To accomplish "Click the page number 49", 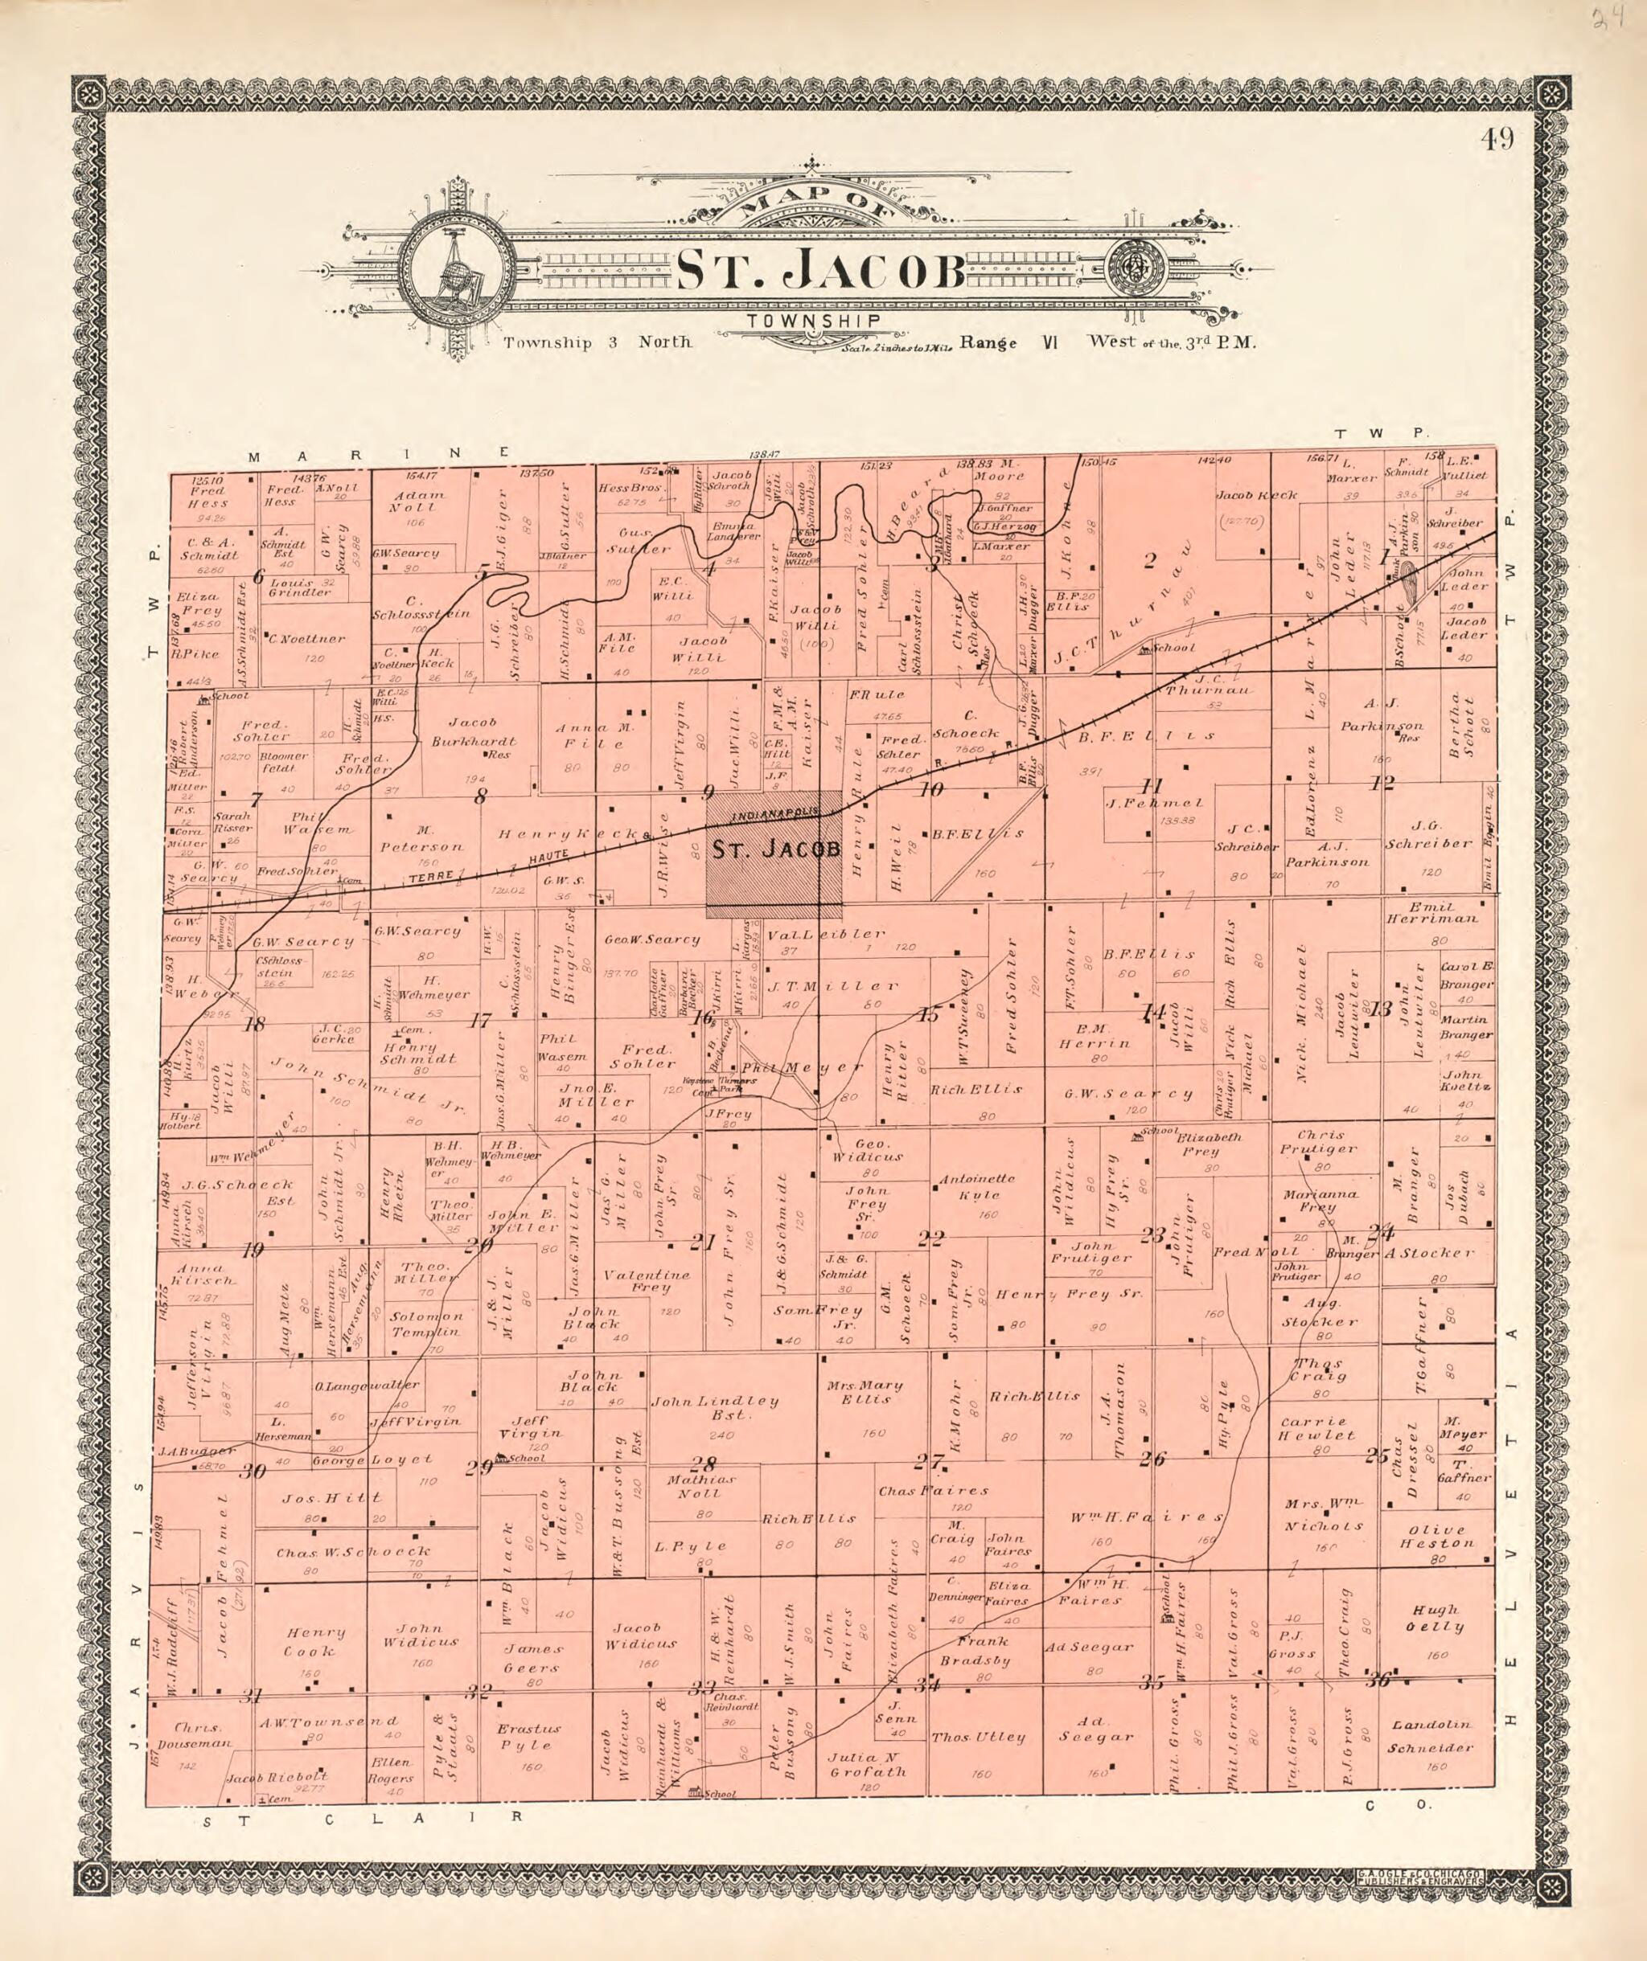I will point(1497,140).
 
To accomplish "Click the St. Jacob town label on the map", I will point(776,849).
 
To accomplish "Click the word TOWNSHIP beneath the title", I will point(814,321).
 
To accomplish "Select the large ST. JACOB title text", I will point(820,271).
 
